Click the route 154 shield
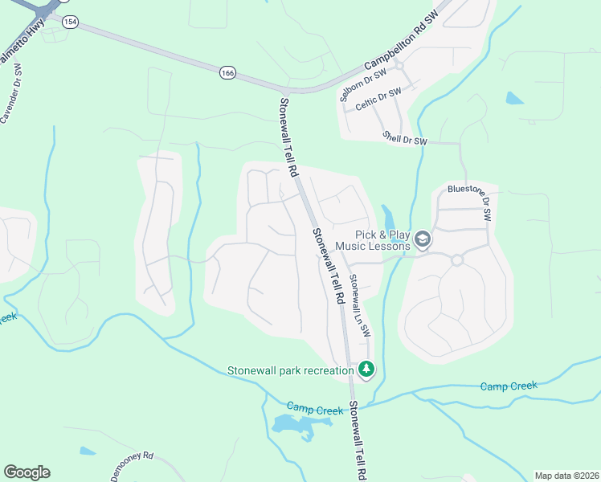coord(70,22)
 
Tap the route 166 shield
coord(227,73)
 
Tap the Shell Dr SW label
coord(404,139)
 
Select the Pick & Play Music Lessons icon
coord(422,239)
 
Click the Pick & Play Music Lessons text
coord(372,240)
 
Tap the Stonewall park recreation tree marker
coord(366,369)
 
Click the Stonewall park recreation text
coord(290,370)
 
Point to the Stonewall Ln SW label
coord(359,305)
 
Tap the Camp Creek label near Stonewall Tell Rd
coord(315,411)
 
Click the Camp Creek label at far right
coord(508,386)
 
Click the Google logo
coord(27,472)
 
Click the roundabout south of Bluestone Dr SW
coord(457,260)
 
